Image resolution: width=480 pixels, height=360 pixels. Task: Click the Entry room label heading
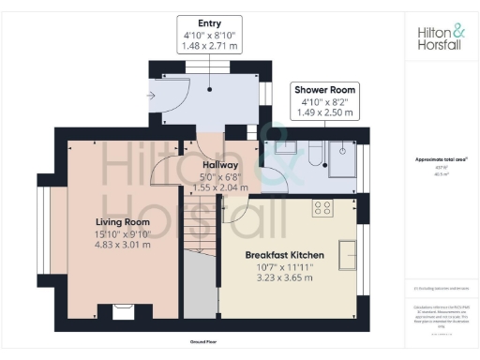point(210,22)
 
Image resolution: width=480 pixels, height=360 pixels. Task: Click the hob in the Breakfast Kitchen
point(325,207)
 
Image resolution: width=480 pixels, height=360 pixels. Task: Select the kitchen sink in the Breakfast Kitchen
point(348,254)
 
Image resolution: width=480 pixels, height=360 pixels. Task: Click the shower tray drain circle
point(344,150)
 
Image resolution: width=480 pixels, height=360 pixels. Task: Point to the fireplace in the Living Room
point(122,312)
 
